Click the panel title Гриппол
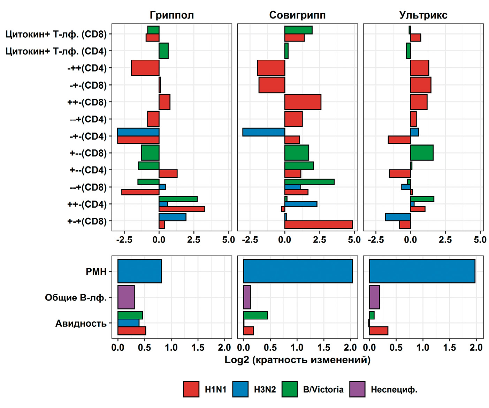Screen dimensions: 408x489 [171, 15]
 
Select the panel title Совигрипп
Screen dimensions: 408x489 [297, 15]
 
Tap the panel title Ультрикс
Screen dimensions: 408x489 [423, 15]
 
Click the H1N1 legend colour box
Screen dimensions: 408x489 [191, 389]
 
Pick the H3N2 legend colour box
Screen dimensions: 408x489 [240, 389]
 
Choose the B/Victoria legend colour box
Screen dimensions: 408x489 [289, 389]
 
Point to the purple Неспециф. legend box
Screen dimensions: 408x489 [357, 389]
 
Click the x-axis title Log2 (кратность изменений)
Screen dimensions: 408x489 [297, 360]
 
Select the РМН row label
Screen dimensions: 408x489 [96, 272]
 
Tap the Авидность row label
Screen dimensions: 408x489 [81, 324]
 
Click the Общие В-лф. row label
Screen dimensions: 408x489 [76, 298]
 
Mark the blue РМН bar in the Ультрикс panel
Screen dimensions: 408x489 [422, 271]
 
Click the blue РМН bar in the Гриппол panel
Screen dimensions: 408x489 [139, 271]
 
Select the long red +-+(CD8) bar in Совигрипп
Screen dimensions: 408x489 [319, 225]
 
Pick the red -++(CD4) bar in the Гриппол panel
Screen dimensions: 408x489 [145, 68]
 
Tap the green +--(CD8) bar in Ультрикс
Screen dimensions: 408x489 [422, 153]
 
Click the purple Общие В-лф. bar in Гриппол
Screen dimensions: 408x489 [126, 297]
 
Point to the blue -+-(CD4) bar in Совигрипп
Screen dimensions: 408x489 [263, 132]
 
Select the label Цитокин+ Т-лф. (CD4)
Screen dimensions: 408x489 [56, 51]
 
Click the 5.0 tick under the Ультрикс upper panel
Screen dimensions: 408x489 [480, 240]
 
